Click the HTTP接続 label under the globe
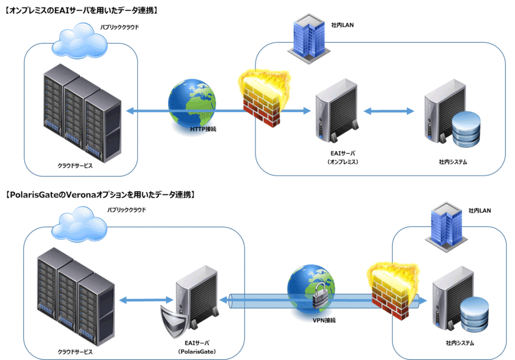click(x=203, y=129)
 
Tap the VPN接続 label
click(x=324, y=320)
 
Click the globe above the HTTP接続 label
click(x=192, y=103)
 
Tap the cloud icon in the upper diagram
click(x=80, y=41)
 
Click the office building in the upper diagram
click(x=309, y=38)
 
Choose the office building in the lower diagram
click(x=446, y=227)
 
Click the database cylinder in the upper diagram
click(x=466, y=129)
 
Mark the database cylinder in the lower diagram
click(x=474, y=315)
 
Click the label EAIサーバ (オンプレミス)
click(x=342, y=157)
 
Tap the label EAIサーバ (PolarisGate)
click(x=197, y=347)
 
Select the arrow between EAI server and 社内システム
click(x=389, y=111)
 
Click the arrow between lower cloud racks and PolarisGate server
click(x=146, y=300)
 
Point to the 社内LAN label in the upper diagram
click(x=342, y=25)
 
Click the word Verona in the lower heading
click(x=81, y=195)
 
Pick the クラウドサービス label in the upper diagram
click(x=75, y=166)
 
